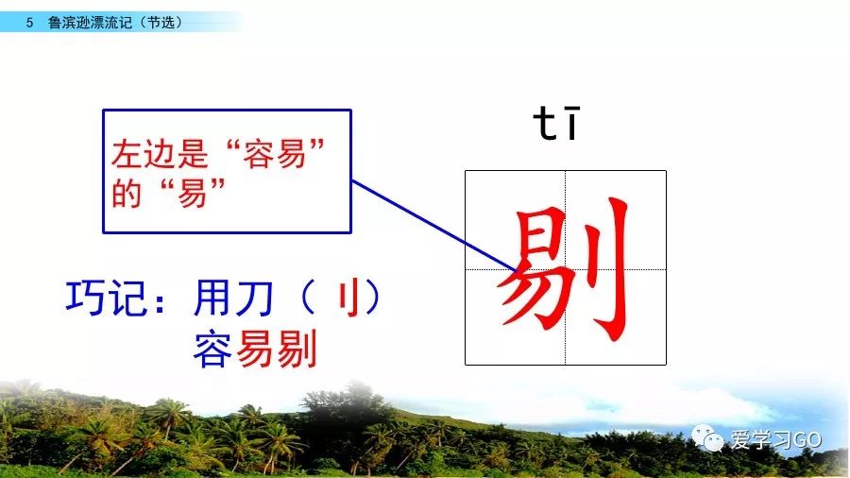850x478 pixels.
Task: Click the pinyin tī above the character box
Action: (556, 123)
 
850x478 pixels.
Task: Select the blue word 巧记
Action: (106, 298)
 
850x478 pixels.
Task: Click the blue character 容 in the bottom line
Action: (212, 350)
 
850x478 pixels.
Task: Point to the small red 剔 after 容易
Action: (297, 349)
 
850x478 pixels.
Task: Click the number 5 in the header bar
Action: (29, 23)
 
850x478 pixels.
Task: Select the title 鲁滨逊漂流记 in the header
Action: (90, 23)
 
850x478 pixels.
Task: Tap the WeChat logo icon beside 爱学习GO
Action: (707, 438)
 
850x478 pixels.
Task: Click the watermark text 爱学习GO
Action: (775, 439)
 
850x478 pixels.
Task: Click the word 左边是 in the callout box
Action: (160, 153)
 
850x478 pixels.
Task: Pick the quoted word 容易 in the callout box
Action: (274, 153)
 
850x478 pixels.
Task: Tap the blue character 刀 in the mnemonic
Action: (254, 298)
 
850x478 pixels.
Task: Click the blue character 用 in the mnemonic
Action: (212, 298)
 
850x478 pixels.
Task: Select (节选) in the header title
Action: (161, 23)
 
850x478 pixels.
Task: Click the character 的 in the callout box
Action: (127, 193)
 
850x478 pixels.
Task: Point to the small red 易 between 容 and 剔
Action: (255, 349)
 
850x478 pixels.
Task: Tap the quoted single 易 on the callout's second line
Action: (192, 193)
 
